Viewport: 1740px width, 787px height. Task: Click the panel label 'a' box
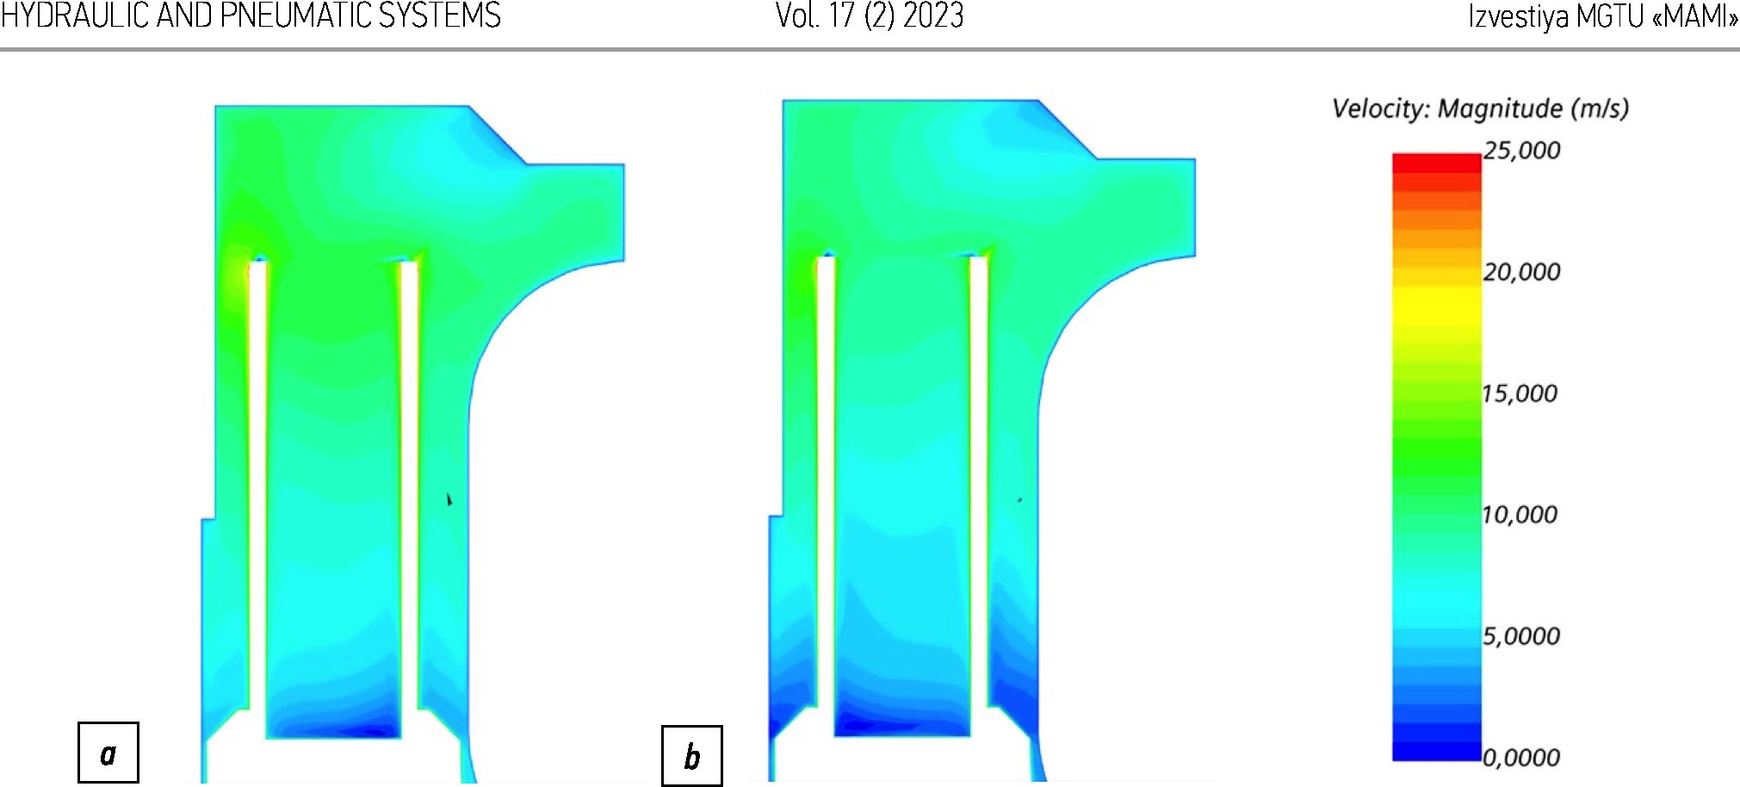(x=108, y=753)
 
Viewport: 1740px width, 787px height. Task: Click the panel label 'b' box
(x=691, y=756)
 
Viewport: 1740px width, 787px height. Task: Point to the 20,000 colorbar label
(x=1521, y=272)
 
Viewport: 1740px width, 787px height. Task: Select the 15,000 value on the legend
(x=1520, y=393)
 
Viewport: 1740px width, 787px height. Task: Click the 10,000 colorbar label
(x=1520, y=515)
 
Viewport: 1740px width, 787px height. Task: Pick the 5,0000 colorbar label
(x=1521, y=636)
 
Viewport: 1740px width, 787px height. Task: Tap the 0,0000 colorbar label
(x=1521, y=758)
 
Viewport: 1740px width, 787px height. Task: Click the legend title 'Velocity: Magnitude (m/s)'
(x=1480, y=108)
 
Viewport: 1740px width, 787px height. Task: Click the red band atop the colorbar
(x=1437, y=163)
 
